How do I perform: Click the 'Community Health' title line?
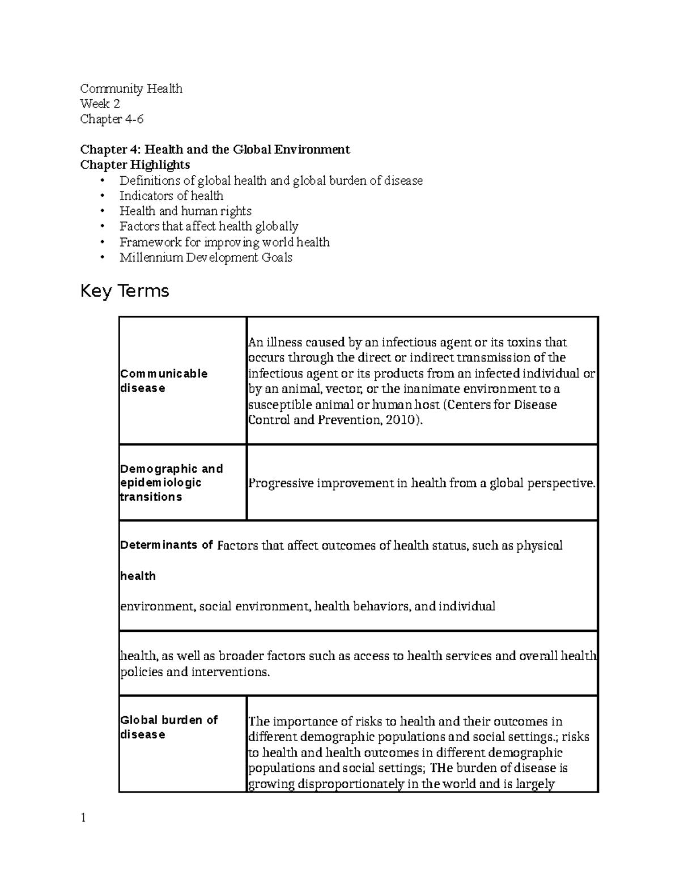tap(131, 88)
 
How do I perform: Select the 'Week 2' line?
tap(100, 104)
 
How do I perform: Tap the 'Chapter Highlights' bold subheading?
tap(135, 165)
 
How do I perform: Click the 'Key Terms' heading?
tap(125, 291)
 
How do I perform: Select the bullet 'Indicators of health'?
tap(171, 196)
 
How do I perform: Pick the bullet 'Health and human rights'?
tap(185, 211)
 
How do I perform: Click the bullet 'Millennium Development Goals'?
tap(206, 258)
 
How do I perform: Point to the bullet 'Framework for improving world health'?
tap(224, 243)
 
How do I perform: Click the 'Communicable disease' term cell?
tap(163, 381)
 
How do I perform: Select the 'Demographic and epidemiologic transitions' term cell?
tap(171, 483)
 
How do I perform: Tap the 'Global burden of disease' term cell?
tap(168, 727)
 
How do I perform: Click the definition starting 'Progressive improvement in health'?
tap(422, 484)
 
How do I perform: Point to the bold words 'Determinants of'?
tap(166, 545)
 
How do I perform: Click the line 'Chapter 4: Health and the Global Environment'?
tap(215, 150)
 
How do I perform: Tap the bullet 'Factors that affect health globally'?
tap(209, 227)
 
